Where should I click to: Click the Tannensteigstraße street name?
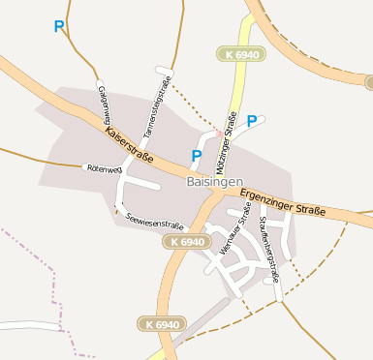(x=157, y=104)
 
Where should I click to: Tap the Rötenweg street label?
(x=104, y=168)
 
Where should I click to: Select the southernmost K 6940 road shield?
(x=160, y=323)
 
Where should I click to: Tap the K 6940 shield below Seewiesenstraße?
(x=186, y=241)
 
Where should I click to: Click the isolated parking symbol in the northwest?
(x=60, y=27)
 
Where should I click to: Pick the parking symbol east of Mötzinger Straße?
(x=252, y=121)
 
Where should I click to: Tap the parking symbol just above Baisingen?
(x=197, y=156)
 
